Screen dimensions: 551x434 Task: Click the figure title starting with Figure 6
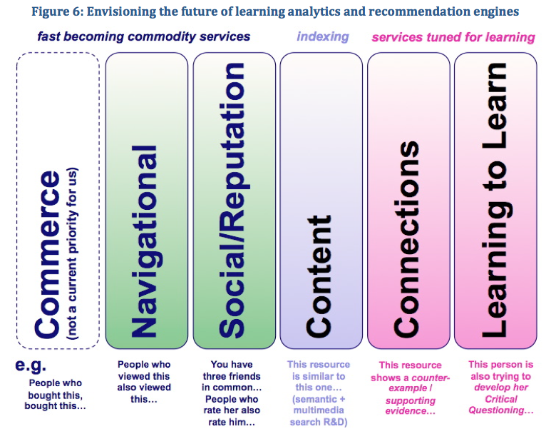(275, 11)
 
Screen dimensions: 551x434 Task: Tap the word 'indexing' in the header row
(323, 36)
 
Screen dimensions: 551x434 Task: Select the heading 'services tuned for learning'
(453, 37)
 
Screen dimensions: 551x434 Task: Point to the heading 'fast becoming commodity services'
(144, 36)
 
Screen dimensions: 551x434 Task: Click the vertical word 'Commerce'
(47, 254)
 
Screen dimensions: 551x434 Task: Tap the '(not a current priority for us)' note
(73, 253)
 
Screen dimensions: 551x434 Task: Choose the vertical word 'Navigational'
(144, 241)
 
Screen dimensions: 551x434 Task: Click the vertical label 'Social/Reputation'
(232, 201)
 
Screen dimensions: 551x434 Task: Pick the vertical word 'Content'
(319, 276)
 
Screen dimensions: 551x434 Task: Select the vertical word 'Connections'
(406, 239)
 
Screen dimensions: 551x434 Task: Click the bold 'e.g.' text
(31, 365)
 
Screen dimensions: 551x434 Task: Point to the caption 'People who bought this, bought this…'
(55, 394)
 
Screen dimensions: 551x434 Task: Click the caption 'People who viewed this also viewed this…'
(144, 382)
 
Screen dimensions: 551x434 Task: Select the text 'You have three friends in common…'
(232, 376)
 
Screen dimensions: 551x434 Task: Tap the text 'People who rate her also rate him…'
(232, 410)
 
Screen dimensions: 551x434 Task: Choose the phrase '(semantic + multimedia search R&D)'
(319, 410)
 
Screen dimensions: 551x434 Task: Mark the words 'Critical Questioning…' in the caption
(501, 405)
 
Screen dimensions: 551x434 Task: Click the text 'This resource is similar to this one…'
(319, 376)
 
